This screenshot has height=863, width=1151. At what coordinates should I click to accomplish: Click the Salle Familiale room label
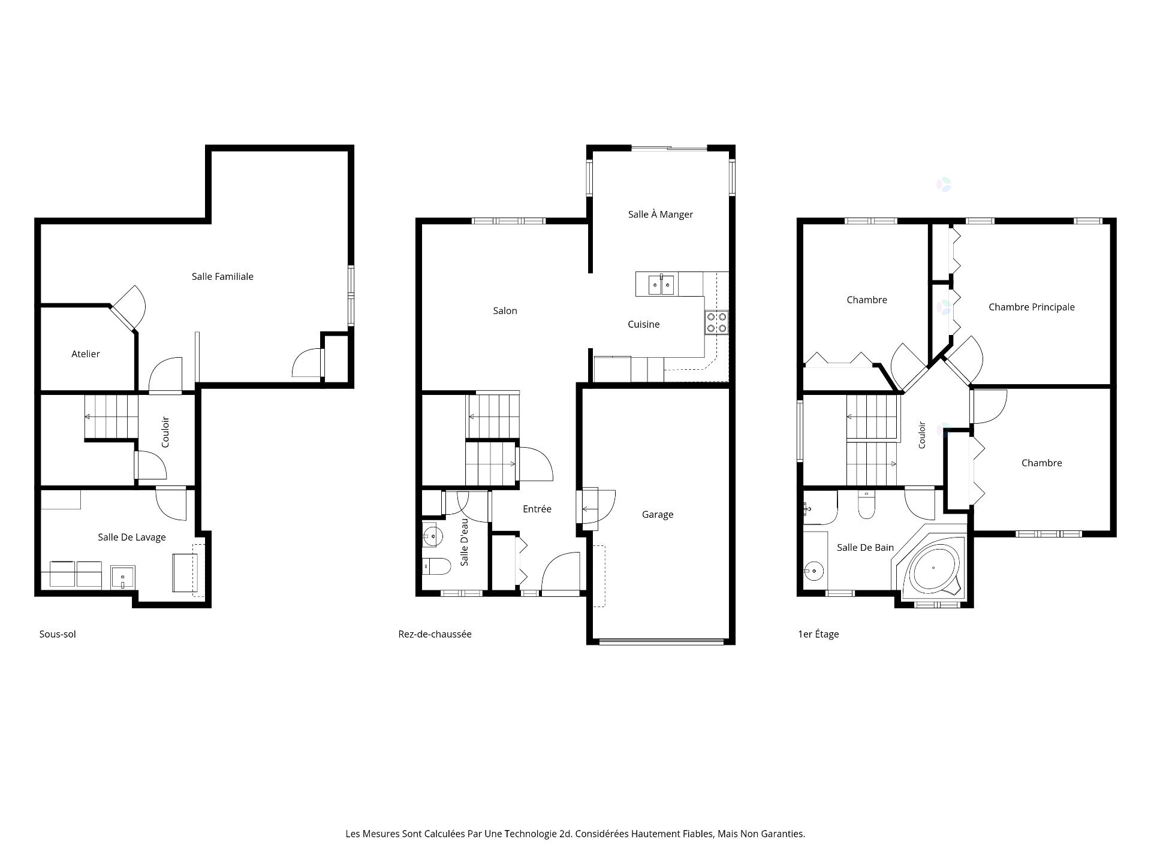pyautogui.click(x=222, y=276)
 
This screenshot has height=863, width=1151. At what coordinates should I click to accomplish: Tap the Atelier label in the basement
pyautogui.click(x=86, y=354)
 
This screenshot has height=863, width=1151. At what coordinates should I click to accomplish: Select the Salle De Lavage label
pyautogui.click(x=132, y=537)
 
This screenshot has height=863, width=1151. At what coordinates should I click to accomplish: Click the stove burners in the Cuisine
pyautogui.click(x=716, y=322)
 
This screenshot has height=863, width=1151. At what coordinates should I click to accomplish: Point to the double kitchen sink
pyautogui.click(x=662, y=284)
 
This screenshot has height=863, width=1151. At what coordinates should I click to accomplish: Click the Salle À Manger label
pyautogui.click(x=661, y=214)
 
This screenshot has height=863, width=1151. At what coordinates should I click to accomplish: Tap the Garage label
pyautogui.click(x=658, y=514)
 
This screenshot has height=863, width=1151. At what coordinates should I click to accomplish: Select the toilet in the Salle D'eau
pyautogui.click(x=436, y=566)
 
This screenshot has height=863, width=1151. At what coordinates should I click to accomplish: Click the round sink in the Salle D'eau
pyautogui.click(x=433, y=535)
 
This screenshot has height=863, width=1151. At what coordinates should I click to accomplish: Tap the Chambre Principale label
pyautogui.click(x=1032, y=307)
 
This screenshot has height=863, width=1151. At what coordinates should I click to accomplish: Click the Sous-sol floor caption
pyautogui.click(x=58, y=634)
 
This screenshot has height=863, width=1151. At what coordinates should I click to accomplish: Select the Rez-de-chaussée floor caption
pyautogui.click(x=435, y=634)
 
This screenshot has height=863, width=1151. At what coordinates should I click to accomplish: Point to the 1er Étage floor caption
pyautogui.click(x=818, y=634)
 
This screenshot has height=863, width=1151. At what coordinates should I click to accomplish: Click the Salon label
pyautogui.click(x=505, y=310)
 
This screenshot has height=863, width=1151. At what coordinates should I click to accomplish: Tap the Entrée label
pyautogui.click(x=537, y=509)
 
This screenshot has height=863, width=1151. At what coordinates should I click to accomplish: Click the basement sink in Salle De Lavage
pyautogui.click(x=123, y=577)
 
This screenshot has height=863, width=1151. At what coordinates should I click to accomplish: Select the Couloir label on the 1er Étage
pyautogui.click(x=922, y=435)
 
